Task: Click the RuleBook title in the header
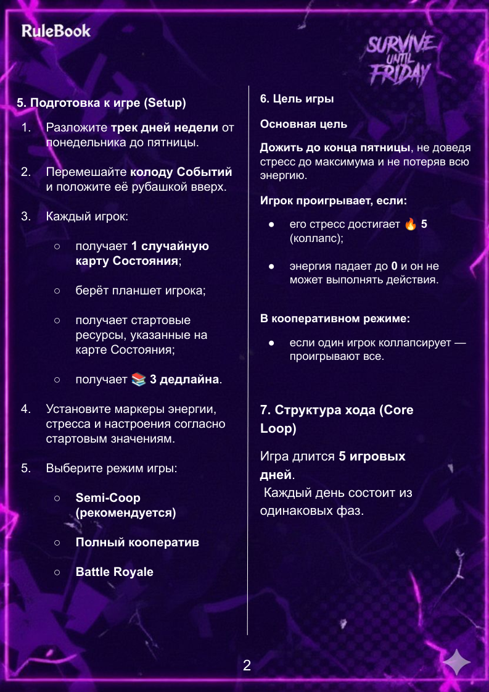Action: click(x=56, y=31)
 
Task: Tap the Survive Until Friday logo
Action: click(x=401, y=60)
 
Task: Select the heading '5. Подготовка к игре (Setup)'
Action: click(x=101, y=102)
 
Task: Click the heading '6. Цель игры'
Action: click(x=297, y=99)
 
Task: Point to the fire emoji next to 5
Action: click(x=411, y=224)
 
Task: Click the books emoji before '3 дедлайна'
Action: click(x=139, y=379)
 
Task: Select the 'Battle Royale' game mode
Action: click(x=114, y=572)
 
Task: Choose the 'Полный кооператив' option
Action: click(x=137, y=543)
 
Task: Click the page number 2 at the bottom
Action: click(x=247, y=665)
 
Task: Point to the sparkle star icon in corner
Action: click(x=456, y=663)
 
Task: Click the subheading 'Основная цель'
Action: click(x=303, y=124)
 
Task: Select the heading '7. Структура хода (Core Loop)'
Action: click(x=337, y=419)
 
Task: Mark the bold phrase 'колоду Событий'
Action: click(x=181, y=172)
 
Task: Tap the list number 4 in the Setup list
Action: click(x=26, y=409)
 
